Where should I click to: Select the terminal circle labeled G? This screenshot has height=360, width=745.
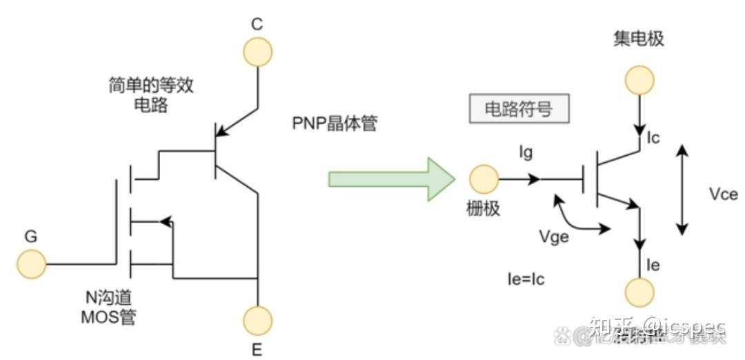coord(31,264)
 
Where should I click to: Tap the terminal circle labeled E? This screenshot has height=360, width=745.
coord(257,320)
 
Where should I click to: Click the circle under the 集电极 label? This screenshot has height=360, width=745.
coord(639,79)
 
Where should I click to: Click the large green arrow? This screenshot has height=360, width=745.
coord(390,179)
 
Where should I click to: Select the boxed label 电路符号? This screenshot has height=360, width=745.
coord(519,109)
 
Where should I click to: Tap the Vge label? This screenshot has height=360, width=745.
coord(555,237)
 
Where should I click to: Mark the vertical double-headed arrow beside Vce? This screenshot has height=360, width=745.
coord(682,190)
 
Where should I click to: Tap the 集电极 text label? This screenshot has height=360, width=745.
coord(638,39)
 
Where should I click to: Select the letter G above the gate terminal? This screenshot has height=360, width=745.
coord(31,237)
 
